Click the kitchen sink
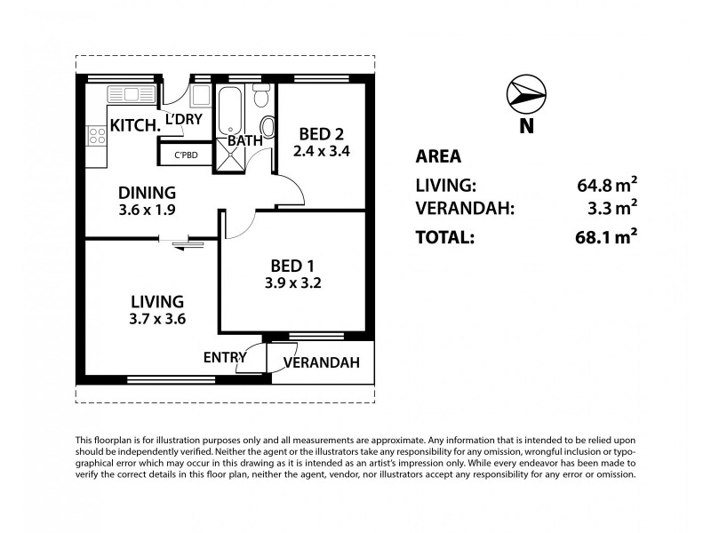point(132,94)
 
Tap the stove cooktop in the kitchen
point(97,136)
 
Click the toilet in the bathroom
point(260,95)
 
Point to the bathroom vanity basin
point(268,127)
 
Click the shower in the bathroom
point(230,155)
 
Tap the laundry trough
point(200,95)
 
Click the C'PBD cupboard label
point(187,155)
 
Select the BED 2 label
point(322,134)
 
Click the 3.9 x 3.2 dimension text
point(293,283)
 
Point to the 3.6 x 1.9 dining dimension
point(147,211)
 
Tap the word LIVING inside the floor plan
point(157,302)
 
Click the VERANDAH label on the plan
point(322,362)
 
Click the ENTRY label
point(225,358)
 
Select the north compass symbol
point(526,94)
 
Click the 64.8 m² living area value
point(607,185)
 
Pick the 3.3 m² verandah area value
point(612,208)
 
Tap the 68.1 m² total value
point(606,236)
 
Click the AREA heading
point(438,156)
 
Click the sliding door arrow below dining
point(188,245)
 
